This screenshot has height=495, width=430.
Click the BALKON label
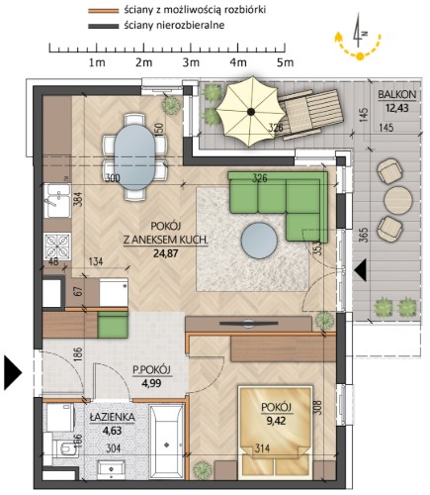397,95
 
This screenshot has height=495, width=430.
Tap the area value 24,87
166,253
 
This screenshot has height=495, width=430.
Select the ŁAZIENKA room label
113,417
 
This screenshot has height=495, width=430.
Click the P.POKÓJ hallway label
152,370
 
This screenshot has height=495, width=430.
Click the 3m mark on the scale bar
191,62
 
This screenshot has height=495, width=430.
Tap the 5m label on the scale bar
285,62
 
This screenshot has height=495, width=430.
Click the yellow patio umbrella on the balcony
251,112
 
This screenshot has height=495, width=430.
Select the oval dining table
134,157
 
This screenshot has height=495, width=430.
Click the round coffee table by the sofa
259,240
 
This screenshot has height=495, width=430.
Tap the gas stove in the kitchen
57,247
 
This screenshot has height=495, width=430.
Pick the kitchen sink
57,201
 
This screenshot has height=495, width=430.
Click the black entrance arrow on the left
13,373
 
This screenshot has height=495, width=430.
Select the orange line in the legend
103,11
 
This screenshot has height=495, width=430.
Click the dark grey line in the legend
103,26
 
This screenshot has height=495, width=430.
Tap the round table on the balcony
398,201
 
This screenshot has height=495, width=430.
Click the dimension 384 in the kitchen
78,200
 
